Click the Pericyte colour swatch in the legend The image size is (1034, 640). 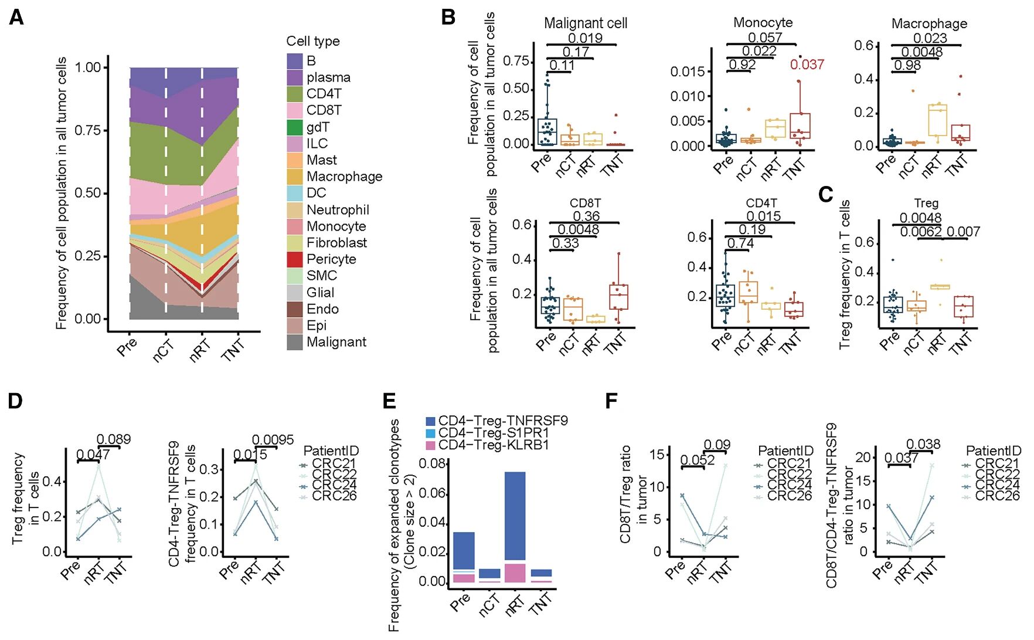(x=295, y=259)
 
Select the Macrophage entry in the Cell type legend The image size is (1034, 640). (x=344, y=177)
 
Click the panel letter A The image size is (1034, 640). (x=16, y=18)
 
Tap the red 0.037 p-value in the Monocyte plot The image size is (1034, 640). (x=807, y=65)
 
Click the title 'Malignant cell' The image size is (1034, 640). (x=585, y=23)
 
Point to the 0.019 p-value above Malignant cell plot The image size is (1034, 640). (x=586, y=39)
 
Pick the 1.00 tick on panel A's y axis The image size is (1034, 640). (x=88, y=67)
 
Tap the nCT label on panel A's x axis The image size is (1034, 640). (x=164, y=350)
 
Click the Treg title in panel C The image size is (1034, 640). (x=926, y=203)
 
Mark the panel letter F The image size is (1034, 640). (x=611, y=401)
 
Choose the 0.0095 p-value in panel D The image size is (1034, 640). (x=273, y=440)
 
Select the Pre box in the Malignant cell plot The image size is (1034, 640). (x=547, y=131)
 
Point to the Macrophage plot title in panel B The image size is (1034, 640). (x=929, y=23)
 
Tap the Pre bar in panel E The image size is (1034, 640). (x=464, y=557)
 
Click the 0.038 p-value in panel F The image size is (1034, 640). (x=923, y=445)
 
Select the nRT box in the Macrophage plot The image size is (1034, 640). (x=938, y=120)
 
